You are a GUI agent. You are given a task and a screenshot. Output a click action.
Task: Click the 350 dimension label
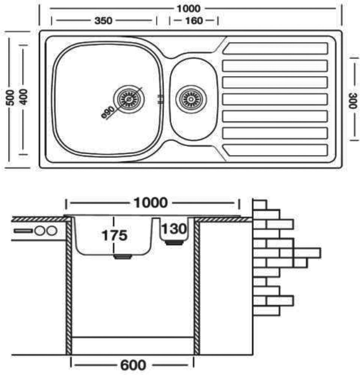(103, 21)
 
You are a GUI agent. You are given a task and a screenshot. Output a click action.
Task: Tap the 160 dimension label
(194, 21)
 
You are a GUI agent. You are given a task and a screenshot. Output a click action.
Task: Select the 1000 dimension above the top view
(189, 8)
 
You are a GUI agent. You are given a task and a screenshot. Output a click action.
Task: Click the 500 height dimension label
(12, 98)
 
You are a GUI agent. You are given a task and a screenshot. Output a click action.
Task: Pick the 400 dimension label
(24, 98)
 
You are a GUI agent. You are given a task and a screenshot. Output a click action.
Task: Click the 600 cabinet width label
(133, 365)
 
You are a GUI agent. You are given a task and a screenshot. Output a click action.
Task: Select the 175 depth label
(114, 235)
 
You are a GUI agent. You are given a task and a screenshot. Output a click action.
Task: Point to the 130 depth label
(174, 228)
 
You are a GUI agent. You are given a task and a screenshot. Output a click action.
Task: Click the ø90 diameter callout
(108, 111)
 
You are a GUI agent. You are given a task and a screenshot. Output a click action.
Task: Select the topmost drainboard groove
(276, 49)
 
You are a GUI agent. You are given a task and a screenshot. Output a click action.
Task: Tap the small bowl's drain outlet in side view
(174, 243)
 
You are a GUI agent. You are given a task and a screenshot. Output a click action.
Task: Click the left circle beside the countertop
(40, 231)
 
